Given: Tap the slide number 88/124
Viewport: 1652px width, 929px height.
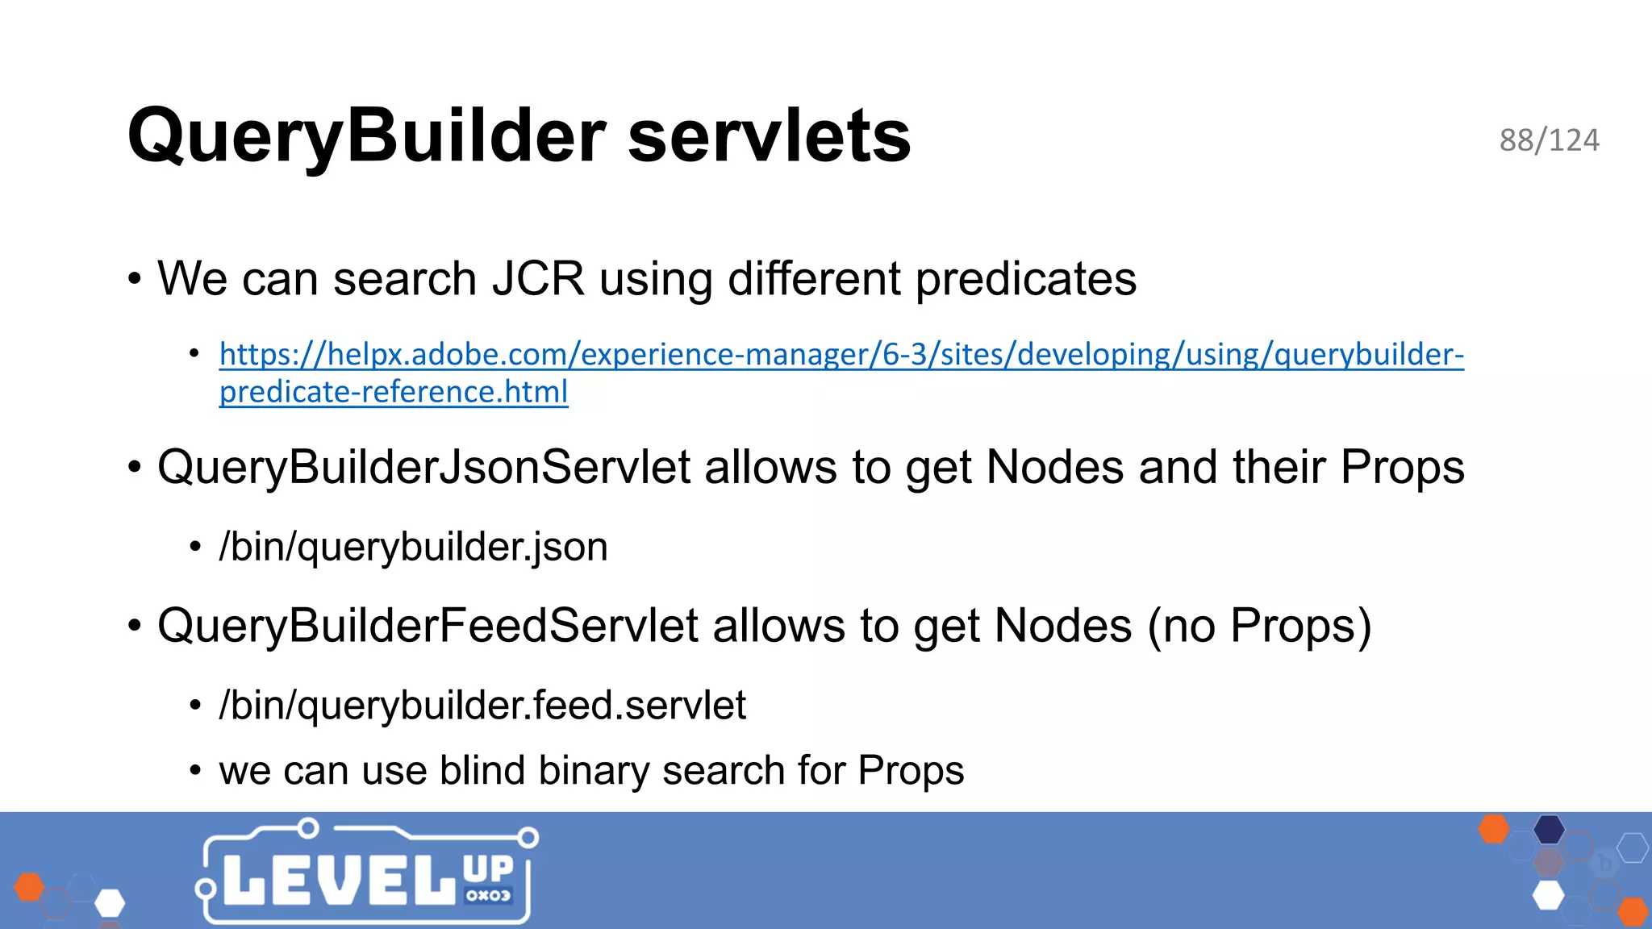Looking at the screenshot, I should [1549, 140].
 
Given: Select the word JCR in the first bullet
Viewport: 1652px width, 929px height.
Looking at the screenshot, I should [538, 279].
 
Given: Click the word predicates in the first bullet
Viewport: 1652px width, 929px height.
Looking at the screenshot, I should [1025, 279].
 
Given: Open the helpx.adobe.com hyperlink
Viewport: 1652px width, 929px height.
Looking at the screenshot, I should [841, 355].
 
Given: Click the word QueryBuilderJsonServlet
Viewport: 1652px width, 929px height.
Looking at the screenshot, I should [424, 467].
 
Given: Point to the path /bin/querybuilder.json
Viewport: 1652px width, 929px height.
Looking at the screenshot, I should [413, 547].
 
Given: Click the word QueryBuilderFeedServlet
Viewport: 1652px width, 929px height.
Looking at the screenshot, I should [428, 626].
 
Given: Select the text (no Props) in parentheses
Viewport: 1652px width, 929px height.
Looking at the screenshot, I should [1259, 626].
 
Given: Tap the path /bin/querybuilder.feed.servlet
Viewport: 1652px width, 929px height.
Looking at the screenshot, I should [482, 706].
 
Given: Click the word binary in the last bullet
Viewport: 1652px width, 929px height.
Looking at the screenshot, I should [593, 770].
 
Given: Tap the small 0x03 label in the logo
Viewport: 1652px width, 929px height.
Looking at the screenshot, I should [488, 895].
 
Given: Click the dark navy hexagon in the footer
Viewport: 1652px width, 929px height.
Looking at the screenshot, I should [1549, 829].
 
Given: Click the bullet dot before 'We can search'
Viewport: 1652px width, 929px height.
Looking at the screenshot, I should [135, 280].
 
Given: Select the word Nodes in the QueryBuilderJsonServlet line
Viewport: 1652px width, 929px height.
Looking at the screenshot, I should [1055, 467].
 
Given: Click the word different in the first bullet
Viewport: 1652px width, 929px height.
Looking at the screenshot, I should [814, 279].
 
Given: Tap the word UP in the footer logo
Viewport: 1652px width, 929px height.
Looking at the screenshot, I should [488, 869].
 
